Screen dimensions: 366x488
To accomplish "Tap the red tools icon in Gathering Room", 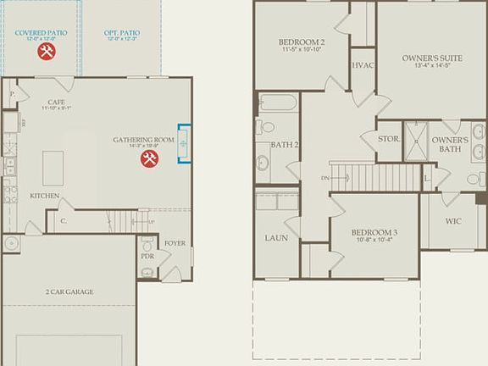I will pos(150,158).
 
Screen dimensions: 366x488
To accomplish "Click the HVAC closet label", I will pos(363,64).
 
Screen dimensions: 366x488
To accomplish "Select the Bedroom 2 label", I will pos(302,42).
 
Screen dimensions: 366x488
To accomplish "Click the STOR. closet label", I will pos(388,138).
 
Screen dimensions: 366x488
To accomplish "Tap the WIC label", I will pos(452,222).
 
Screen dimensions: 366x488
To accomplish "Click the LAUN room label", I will pos(275,238).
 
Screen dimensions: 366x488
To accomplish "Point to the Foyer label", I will pos(175,242).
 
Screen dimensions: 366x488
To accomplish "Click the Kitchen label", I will pos(45,196).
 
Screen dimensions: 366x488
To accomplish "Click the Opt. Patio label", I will pos(122,33).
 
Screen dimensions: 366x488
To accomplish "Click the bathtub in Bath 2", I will pos(278,103).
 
